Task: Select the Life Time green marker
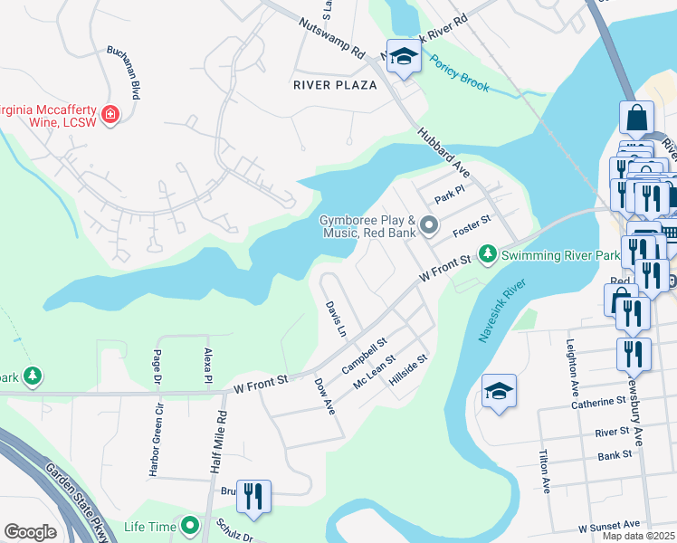(x=190, y=525)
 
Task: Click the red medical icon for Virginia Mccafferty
(x=111, y=115)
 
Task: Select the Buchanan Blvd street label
(x=123, y=72)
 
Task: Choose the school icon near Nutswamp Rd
(x=403, y=57)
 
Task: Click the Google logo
(x=30, y=532)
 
